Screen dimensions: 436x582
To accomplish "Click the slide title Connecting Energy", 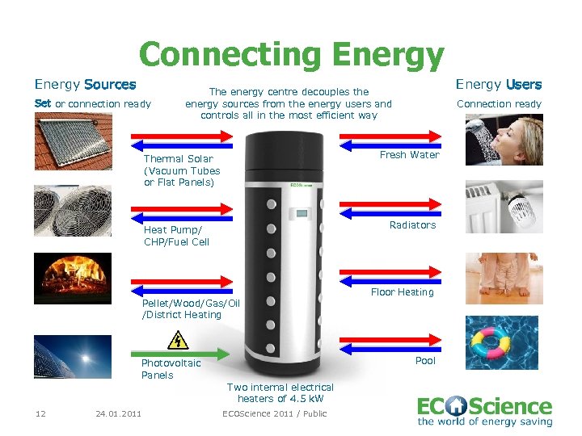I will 291,55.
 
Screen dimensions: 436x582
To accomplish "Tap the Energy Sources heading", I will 85,85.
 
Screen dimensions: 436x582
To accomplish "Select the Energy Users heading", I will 499,85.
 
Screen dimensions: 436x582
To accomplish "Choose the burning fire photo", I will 73,279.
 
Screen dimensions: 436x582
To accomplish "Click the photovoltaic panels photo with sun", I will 73,357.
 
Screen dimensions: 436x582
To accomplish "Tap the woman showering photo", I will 504,140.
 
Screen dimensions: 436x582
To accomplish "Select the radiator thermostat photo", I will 504,207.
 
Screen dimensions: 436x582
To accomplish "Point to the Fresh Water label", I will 410,155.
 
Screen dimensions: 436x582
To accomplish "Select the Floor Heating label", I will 403,292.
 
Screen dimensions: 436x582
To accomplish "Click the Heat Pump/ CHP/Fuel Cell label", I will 176,236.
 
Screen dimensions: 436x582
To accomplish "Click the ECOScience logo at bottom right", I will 484,410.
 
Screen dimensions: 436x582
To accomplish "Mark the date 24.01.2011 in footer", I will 118,414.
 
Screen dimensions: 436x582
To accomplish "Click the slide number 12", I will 40,414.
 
